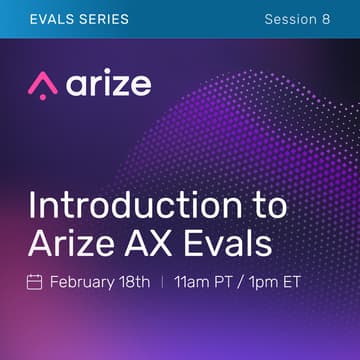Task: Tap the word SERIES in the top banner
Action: point(102,19)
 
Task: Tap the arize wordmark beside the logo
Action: point(110,84)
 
